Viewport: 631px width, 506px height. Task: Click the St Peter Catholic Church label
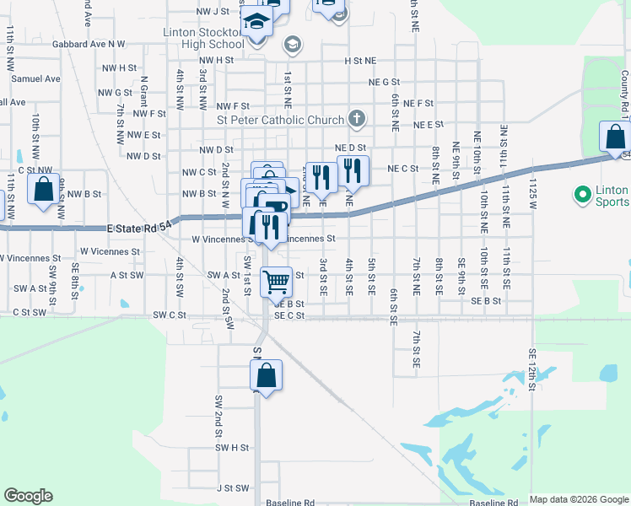click(x=281, y=120)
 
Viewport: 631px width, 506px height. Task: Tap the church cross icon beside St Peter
click(x=357, y=119)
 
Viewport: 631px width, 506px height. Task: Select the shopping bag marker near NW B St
click(x=44, y=189)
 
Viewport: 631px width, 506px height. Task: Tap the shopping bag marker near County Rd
click(x=616, y=137)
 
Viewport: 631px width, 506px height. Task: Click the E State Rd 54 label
click(x=139, y=226)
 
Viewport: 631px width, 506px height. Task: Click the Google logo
click(x=28, y=496)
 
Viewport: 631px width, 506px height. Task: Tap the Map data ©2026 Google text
click(x=579, y=499)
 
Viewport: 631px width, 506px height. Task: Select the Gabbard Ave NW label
click(x=88, y=43)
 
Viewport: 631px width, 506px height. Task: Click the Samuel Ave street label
click(x=35, y=78)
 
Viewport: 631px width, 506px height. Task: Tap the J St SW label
click(x=234, y=487)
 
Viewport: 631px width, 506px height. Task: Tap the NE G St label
click(x=384, y=82)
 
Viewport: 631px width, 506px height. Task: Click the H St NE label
click(x=359, y=61)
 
